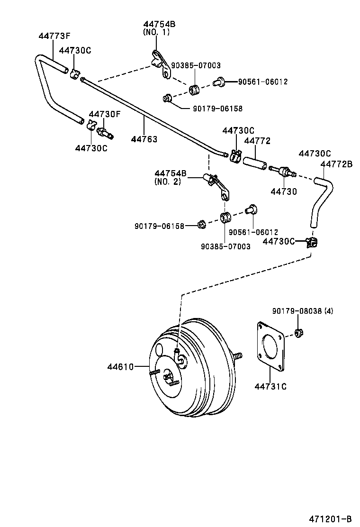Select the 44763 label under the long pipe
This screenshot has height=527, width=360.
(x=144, y=139)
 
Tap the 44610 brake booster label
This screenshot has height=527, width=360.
(x=121, y=366)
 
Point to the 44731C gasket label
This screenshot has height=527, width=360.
(x=270, y=386)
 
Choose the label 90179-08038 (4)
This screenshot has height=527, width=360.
(x=303, y=311)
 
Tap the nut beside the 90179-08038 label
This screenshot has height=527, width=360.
(x=298, y=333)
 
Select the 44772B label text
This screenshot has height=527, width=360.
(x=336, y=164)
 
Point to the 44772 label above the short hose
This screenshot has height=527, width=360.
(x=257, y=141)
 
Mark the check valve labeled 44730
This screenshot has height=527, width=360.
(x=282, y=171)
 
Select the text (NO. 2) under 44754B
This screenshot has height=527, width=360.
(x=167, y=181)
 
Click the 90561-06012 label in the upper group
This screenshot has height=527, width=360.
(x=262, y=82)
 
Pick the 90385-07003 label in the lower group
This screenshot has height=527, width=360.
(x=225, y=246)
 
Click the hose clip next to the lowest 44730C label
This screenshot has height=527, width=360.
(x=312, y=243)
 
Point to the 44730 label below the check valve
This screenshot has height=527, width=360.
(x=284, y=191)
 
